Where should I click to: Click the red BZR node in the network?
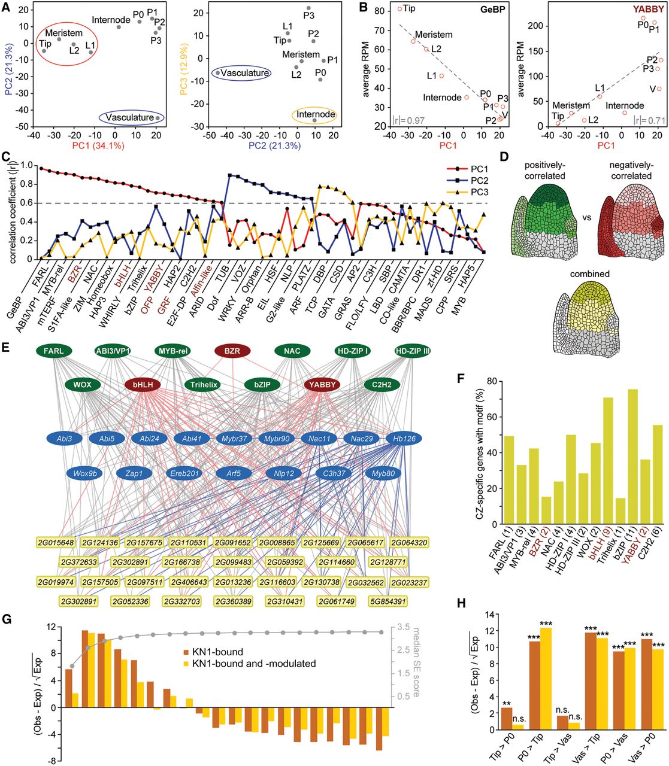(x=232, y=351)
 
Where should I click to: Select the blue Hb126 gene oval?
(x=404, y=439)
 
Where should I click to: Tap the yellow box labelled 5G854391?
(x=388, y=601)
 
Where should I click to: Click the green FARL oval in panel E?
(x=53, y=351)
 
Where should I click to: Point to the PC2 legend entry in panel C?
(x=471, y=181)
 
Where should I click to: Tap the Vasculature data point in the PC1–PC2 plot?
(x=158, y=118)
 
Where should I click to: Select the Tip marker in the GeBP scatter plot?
(x=399, y=8)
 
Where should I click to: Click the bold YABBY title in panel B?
(x=649, y=9)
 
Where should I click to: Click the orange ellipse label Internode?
(x=316, y=114)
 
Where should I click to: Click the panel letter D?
(x=504, y=157)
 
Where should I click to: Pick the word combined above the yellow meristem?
(x=589, y=273)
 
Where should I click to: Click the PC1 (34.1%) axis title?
(x=98, y=145)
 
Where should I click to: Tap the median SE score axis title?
(x=416, y=662)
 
